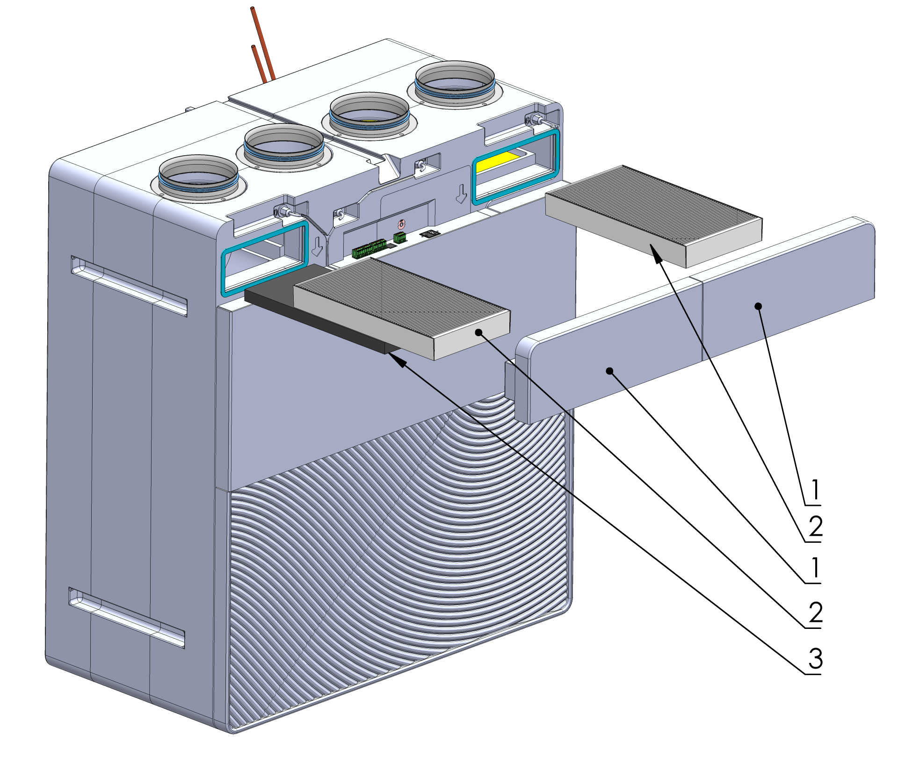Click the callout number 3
coord(815,659)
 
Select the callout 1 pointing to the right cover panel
coord(815,490)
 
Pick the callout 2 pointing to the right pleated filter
coord(815,527)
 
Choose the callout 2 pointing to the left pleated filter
coord(815,613)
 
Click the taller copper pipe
coord(261,42)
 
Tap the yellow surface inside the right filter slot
coord(498,161)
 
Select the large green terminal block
coord(369,248)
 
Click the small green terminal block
coord(399,237)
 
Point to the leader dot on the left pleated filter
coord(478,332)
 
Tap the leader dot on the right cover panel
coord(759,306)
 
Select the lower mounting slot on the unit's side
coord(126,617)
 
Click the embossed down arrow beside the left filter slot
coord(318,245)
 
